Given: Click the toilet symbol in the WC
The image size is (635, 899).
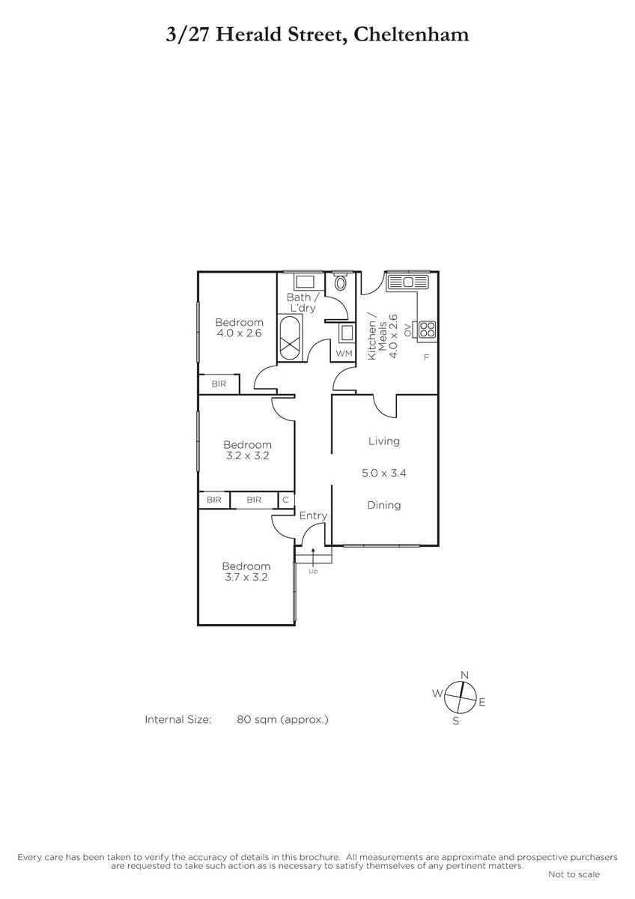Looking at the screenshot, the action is pos(341,282).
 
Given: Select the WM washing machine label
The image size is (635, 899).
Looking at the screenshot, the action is pos(344,354).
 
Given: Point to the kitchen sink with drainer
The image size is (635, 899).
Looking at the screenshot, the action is pos(408,282).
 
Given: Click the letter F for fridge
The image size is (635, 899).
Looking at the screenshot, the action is pos(426,357).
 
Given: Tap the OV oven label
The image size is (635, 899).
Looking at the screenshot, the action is pos(407,330).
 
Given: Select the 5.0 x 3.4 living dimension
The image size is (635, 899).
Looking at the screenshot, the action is pos(384,473).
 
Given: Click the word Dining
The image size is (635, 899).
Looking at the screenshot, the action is pos(384,505).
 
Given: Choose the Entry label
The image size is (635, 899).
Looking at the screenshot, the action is pos(313,515).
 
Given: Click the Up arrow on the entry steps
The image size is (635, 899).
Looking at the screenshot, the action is pos(313,556).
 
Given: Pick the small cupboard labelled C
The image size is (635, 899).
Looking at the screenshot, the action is pos(286,500).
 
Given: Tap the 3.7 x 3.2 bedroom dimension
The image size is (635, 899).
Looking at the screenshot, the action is pos(246,577).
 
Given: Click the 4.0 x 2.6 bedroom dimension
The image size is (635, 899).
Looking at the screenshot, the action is pos(239,333).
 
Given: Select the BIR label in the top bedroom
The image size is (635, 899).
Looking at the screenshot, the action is pos(219,384).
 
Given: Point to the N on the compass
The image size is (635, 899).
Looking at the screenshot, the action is pos(464,675).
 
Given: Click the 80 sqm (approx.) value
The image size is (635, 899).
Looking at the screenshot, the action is pos(282,719).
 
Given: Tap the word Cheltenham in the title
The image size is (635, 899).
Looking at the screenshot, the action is pos(412,34).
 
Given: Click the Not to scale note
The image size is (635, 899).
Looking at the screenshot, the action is pos(574,873).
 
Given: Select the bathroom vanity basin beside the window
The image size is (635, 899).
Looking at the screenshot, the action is pos(305,282).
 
